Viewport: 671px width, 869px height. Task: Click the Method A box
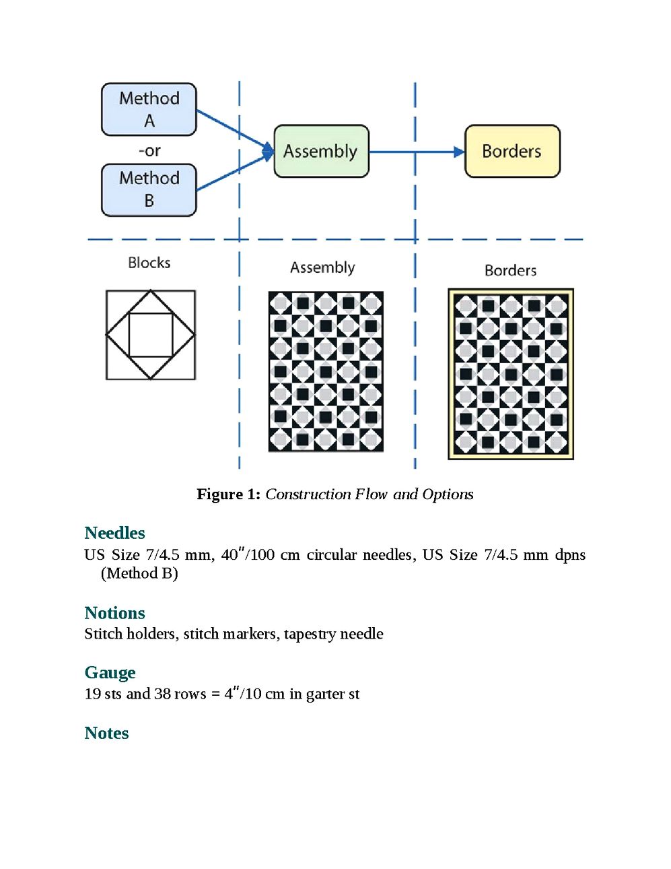coord(149,109)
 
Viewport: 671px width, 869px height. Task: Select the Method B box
coord(149,189)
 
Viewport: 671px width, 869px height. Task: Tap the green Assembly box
coord(321,151)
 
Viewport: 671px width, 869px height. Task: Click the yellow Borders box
coord(512,151)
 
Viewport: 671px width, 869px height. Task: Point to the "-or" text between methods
coord(149,150)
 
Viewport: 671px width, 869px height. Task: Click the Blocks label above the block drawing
coord(149,263)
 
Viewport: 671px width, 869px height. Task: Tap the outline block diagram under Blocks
coord(151,335)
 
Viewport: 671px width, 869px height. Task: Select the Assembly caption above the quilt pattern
coord(322,267)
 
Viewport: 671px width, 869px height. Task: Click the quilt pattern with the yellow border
coord(511,375)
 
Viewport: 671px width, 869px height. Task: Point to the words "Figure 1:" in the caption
coord(228,494)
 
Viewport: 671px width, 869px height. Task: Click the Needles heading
coord(114,533)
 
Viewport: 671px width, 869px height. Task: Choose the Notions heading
coord(114,613)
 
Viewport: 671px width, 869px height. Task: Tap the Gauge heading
coord(110,672)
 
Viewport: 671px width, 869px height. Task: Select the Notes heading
coord(106,733)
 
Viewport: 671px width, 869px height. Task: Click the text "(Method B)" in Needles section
coord(139,573)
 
